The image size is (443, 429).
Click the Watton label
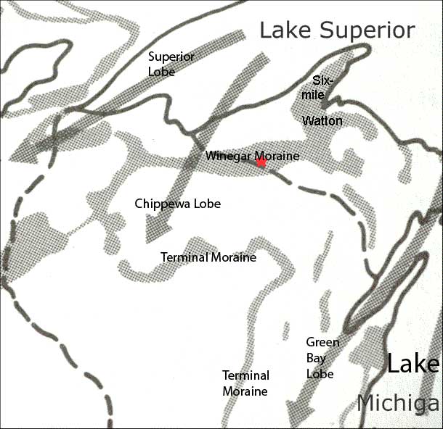pos(322,120)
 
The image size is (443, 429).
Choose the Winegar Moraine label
pos(252,155)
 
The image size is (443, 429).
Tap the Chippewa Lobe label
pos(177,204)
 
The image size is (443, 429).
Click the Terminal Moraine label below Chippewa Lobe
pos(208,257)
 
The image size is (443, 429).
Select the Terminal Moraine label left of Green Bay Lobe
pos(245,383)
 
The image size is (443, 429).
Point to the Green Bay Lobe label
pos(319,358)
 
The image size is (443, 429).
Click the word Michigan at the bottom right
pos(399,404)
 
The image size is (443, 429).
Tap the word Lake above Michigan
pos(412,363)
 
